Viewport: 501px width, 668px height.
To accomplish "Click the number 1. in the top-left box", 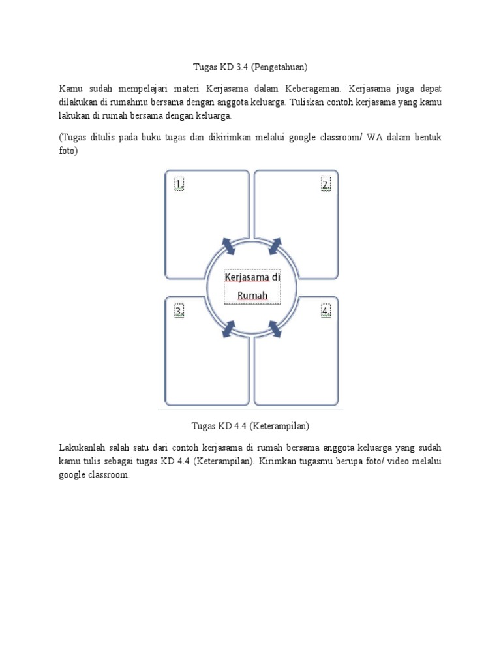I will click(x=179, y=185).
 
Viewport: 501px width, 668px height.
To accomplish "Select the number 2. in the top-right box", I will click(x=326, y=185).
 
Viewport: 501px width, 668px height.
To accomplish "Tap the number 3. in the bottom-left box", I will click(x=179, y=311).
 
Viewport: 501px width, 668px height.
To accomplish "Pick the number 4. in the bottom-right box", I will click(x=326, y=311).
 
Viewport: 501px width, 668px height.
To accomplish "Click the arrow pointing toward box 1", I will click(x=228, y=245).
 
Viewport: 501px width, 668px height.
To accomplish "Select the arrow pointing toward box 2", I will click(x=275, y=245).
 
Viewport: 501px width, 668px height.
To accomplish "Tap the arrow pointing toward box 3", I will click(x=228, y=329).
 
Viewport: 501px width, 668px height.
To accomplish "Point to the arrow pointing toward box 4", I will click(x=275, y=329).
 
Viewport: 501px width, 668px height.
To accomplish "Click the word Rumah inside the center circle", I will click(x=252, y=296).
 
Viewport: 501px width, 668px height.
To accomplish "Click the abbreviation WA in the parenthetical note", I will click(x=374, y=137).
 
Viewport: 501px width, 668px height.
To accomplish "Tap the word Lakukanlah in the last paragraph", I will click(x=82, y=448).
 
